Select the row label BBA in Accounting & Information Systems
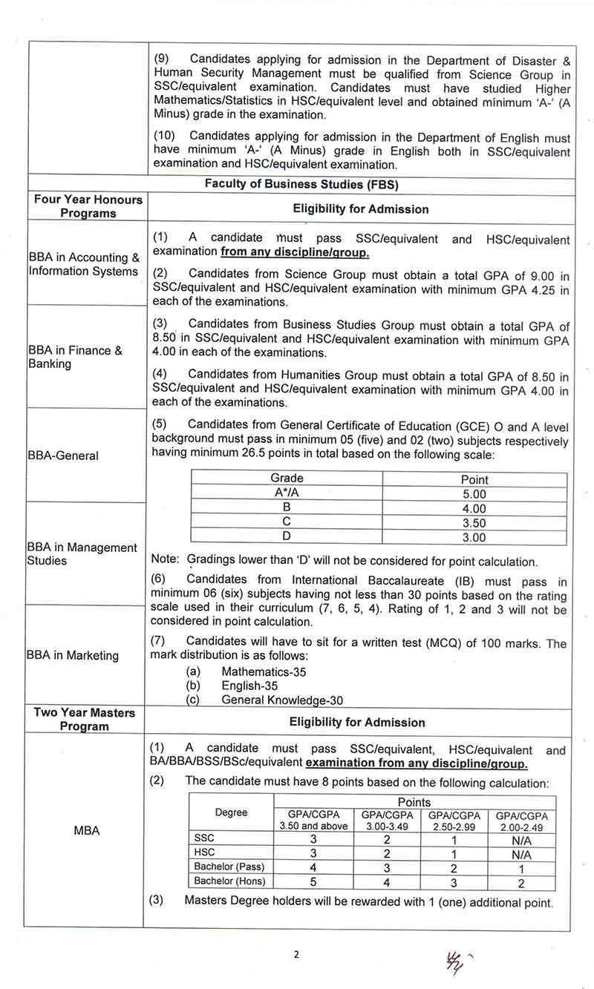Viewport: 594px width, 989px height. click(83, 264)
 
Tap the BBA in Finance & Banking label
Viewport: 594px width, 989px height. click(75, 357)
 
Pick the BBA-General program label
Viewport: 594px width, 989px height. click(62, 456)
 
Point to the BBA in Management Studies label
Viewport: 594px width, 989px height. click(82, 554)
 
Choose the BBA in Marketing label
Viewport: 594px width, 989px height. click(72, 655)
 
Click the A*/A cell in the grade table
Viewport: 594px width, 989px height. click(287, 493)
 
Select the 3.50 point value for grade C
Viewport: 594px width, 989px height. click(474, 523)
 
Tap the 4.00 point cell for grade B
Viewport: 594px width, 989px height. click(474, 509)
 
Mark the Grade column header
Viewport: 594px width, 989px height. click(287, 479)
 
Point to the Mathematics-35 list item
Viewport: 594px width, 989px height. click(264, 671)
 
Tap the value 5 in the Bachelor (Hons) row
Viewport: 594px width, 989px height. click(313, 882)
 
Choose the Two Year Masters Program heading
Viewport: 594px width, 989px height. click(84, 719)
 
